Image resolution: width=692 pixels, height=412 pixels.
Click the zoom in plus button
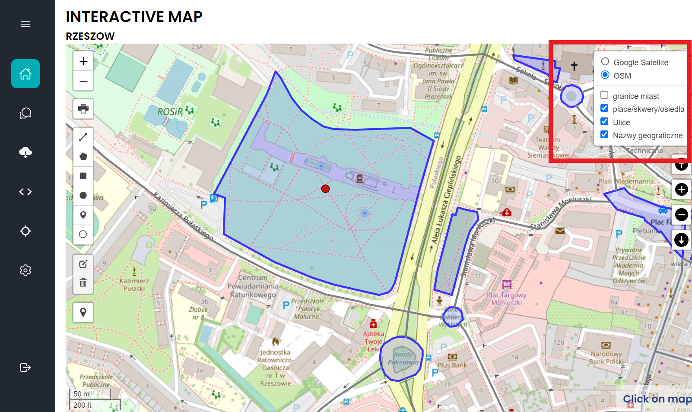pyautogui.click(x=83, y=61)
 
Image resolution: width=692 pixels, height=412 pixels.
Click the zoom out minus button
pyautogui.click(x=83, y=81)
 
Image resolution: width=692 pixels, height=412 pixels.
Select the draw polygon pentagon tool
pyautogui.click(x=83, y=156)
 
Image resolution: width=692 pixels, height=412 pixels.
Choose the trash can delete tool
pyautogui.click(x=83, y=283)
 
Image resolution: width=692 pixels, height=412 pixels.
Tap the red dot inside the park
pyautogui.click(x=326, y=189)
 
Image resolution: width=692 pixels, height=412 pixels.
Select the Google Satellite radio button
pyautogui.click(x=605, y=62)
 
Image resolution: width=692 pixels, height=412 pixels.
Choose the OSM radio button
pyautogui.click(x=605, y=75)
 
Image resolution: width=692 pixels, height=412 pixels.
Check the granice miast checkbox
pyautogui.click(x=604, y=95)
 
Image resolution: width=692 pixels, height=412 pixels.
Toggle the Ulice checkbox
pyautogui.click(x=604, y=121)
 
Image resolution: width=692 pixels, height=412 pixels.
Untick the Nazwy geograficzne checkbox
pyautogui.click(x=604, y=134)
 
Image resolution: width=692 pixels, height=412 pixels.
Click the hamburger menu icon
pyautogui.click(x=25, y=24)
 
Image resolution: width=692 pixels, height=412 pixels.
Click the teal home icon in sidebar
pyautogui.click(x=25, y=74)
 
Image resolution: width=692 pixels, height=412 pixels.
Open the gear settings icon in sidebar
pyautogui.click(x=25, y=270)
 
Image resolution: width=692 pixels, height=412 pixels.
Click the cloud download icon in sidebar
pyautogui.click(x=25, y=152)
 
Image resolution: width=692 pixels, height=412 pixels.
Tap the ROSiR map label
pyautogui.click(x=170, y=112)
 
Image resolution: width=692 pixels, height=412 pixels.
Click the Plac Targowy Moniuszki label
pyautogui.click(x=507, y=298)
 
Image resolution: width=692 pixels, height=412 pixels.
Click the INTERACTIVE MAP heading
pyautogui.click(x=134, y=17)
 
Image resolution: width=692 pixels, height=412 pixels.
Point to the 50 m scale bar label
pyautogui.click(x=81, y=394)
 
